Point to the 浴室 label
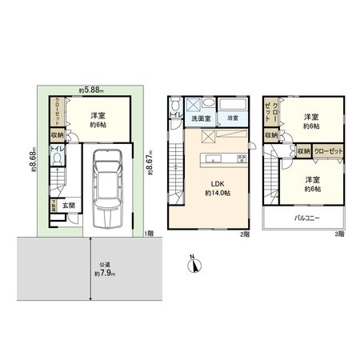point(232,118)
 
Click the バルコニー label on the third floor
point(306,218)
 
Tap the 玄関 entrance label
point(70,205)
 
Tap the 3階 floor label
point(339,234)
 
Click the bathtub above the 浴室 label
point(232,106)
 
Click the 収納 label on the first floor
point(57,136)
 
